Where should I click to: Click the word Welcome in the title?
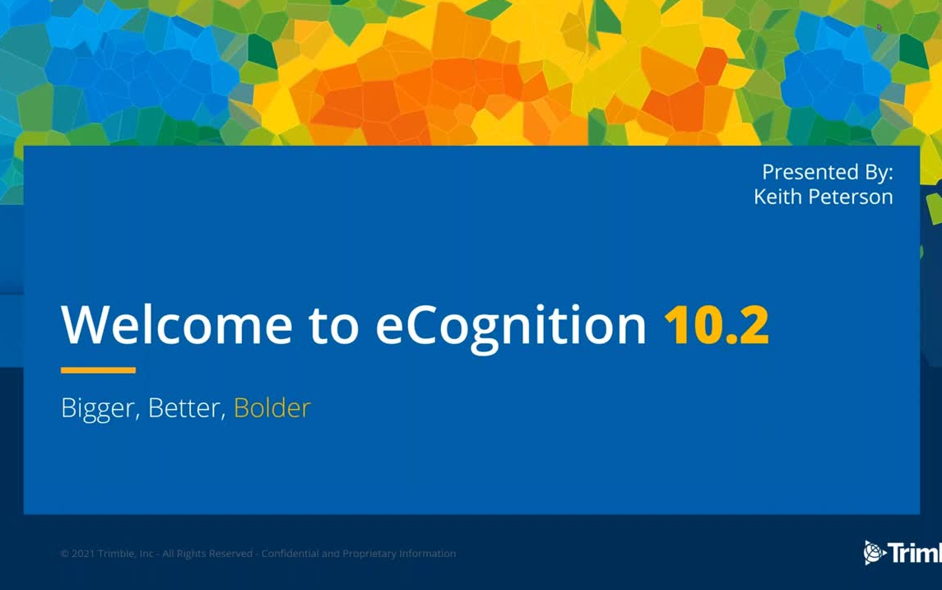pos(177,324)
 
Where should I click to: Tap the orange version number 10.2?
pos(716,324)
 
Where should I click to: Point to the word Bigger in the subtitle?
pos(100,409)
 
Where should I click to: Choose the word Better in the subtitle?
pos(187,408)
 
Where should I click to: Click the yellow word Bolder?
pos(271,408)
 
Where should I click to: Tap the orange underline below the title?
pos(98,370)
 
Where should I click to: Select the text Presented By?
pos(827,172)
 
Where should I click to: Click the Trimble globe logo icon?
pos(873,553)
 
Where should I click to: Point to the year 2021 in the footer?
pos(83,554)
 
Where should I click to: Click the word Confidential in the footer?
pos(290,554)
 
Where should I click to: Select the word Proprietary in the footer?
pos(369,554)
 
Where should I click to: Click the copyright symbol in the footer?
pos(64,554)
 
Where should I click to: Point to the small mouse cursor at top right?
pos(879,27)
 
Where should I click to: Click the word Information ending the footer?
pos(428,554)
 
